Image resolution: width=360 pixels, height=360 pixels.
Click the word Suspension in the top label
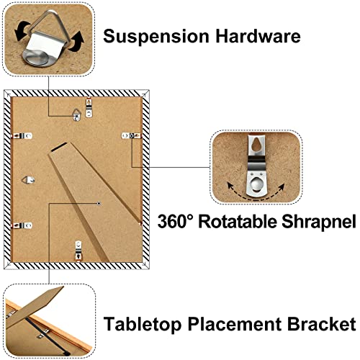156,37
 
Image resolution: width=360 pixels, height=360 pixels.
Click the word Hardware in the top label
258,36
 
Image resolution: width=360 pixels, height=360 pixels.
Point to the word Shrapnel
319,222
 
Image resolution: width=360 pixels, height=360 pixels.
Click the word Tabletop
143,325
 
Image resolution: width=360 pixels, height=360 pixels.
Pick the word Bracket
321,324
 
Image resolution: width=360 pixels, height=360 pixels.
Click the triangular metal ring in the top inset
58,23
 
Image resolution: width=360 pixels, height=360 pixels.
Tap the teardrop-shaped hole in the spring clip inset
256,145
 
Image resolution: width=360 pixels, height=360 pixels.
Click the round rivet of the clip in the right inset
256,184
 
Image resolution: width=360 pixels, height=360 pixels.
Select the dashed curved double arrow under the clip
256,196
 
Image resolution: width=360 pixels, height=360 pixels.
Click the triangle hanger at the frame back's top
76,114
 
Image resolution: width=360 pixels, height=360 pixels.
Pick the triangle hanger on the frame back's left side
28,180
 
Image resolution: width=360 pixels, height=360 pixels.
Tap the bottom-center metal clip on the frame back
78,251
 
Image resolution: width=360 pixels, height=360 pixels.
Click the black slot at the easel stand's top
59,147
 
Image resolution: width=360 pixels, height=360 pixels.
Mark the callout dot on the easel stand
99,204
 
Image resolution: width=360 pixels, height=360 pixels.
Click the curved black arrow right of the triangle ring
77,41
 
